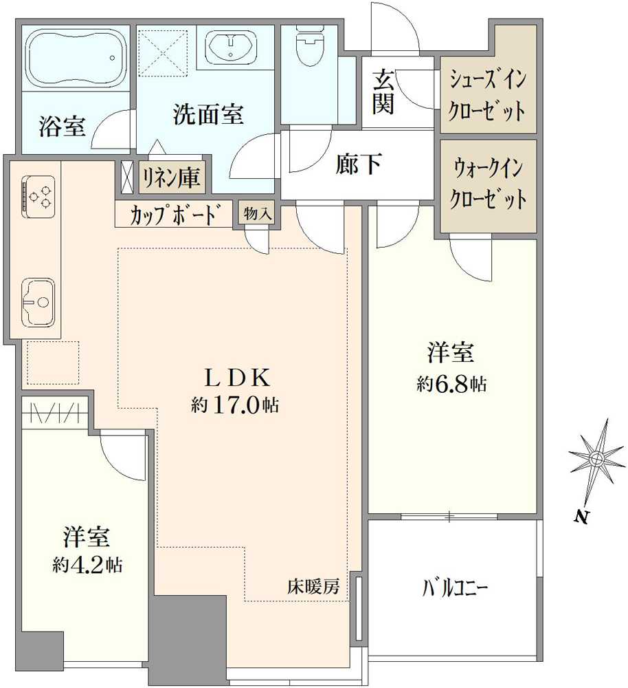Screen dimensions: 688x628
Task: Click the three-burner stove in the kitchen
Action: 37,193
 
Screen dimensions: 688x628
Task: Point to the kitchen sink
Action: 37,301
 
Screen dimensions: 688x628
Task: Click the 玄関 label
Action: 382,92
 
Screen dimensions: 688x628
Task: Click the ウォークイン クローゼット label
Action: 488,185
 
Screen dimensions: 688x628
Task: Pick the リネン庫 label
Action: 172,178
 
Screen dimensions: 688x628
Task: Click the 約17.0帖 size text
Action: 234,406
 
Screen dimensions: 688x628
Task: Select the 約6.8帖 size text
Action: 451,384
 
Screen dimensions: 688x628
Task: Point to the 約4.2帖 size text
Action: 87,566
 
